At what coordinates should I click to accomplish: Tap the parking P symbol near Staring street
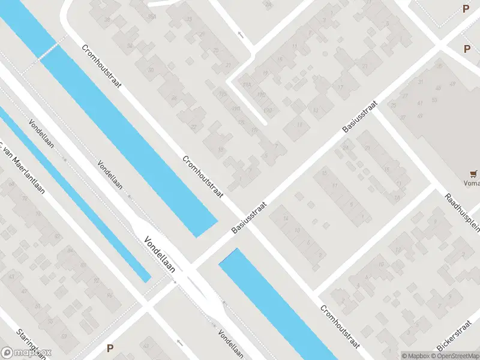point(110,347)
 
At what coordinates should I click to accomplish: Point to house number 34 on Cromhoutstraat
point(130,46)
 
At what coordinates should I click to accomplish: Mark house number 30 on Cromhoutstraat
point(151,70)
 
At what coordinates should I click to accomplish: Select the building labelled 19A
point(246,85)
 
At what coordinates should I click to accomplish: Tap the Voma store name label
point(472,184)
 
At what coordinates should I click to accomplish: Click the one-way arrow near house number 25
point(241,34)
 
